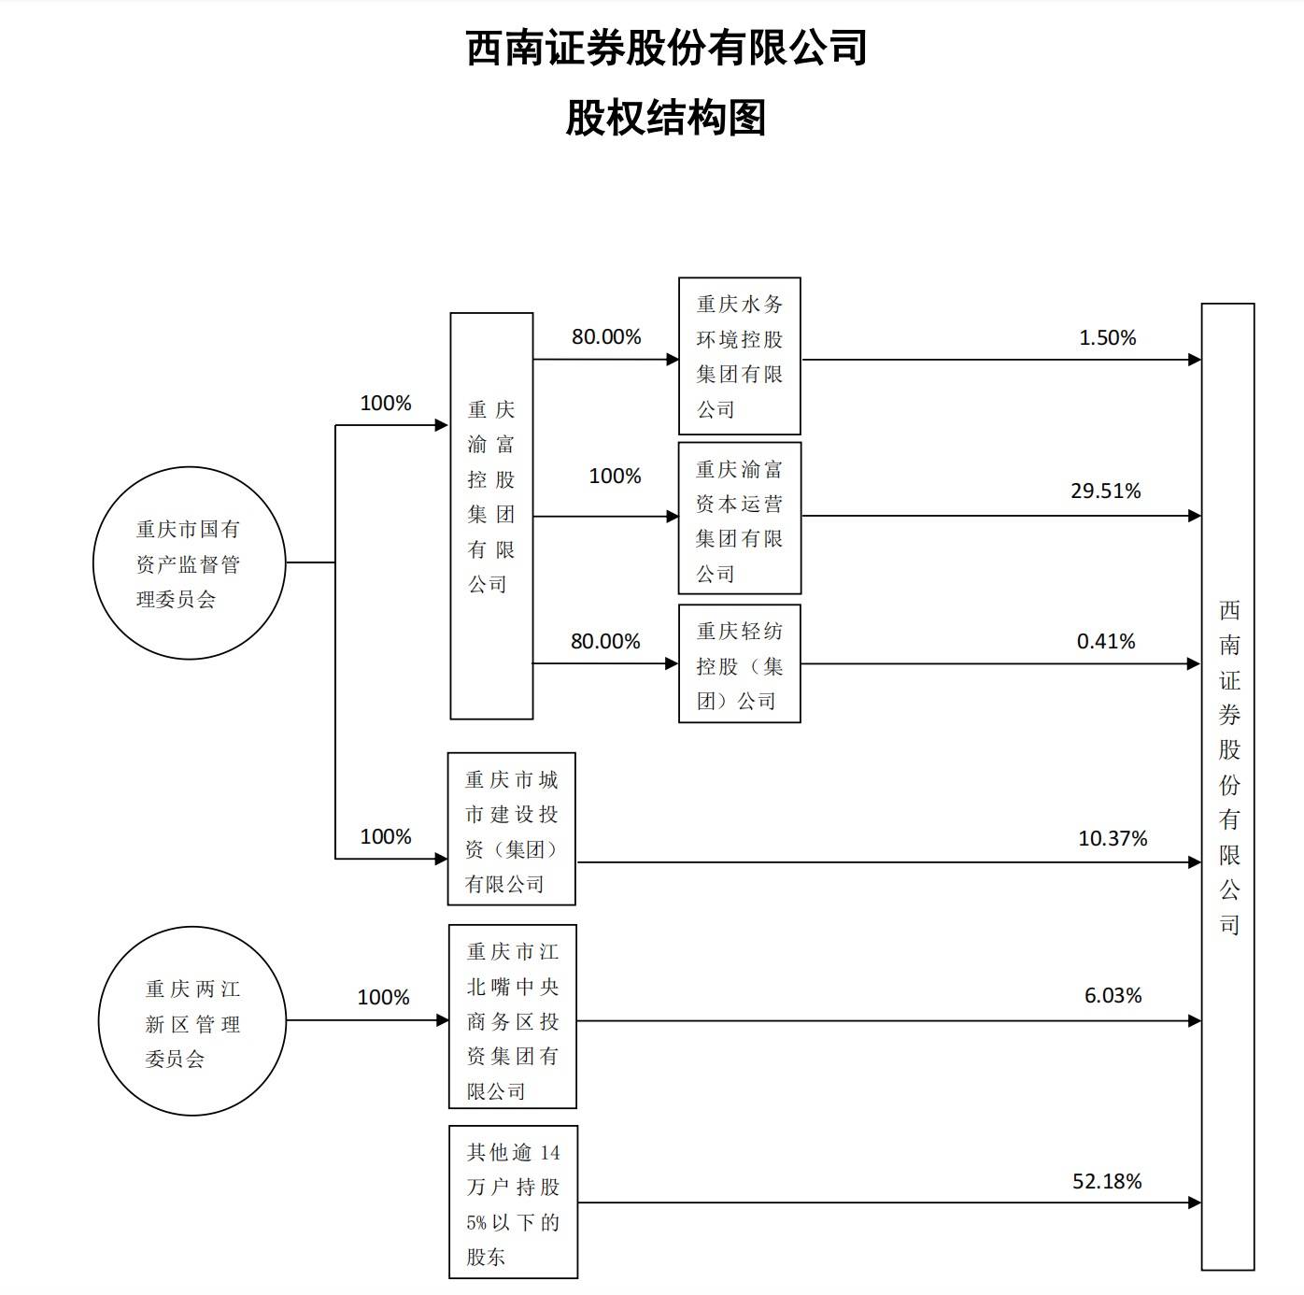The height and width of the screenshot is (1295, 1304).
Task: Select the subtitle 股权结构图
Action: pos(665,119)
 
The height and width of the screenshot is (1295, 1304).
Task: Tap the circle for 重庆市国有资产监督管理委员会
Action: pos(189,563)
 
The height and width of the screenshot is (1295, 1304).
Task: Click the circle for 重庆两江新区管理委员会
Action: pos(191,1021)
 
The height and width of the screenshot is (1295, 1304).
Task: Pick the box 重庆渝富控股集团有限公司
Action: pos(491,516)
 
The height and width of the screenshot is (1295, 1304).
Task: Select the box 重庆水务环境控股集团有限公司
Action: pos(739,356)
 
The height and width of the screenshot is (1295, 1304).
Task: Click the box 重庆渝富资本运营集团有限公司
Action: pos(739,519)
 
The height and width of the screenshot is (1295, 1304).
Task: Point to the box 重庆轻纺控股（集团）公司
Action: pos(739,664)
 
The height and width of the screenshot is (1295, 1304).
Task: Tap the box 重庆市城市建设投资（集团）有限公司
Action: pos(511,830)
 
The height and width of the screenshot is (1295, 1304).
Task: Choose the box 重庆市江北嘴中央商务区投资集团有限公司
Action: pos(512,1017)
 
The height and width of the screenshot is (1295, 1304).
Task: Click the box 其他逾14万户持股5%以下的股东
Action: pos(513,1202)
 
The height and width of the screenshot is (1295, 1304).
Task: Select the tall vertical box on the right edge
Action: pos(1227,786)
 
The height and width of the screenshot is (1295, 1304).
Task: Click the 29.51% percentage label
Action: pos(1105,491)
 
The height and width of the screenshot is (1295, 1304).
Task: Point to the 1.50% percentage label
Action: pos(1107,338)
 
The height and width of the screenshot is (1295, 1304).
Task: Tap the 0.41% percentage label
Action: pos(1105,642)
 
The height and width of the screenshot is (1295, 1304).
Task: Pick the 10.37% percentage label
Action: pos(1112,839)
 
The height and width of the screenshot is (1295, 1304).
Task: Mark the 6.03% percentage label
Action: pos(1113,996)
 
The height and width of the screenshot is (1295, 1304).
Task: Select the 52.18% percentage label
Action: pos(1107,1182)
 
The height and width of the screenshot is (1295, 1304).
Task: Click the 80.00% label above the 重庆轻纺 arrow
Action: pos(605,642)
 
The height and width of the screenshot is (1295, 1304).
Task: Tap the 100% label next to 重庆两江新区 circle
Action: pos(383,998)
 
